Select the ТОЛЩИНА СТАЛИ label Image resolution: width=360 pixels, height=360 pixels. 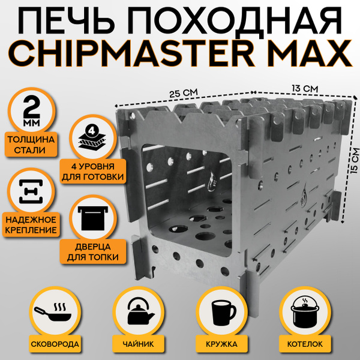(32, 145)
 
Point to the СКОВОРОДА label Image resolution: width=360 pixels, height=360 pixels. (49, 344)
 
